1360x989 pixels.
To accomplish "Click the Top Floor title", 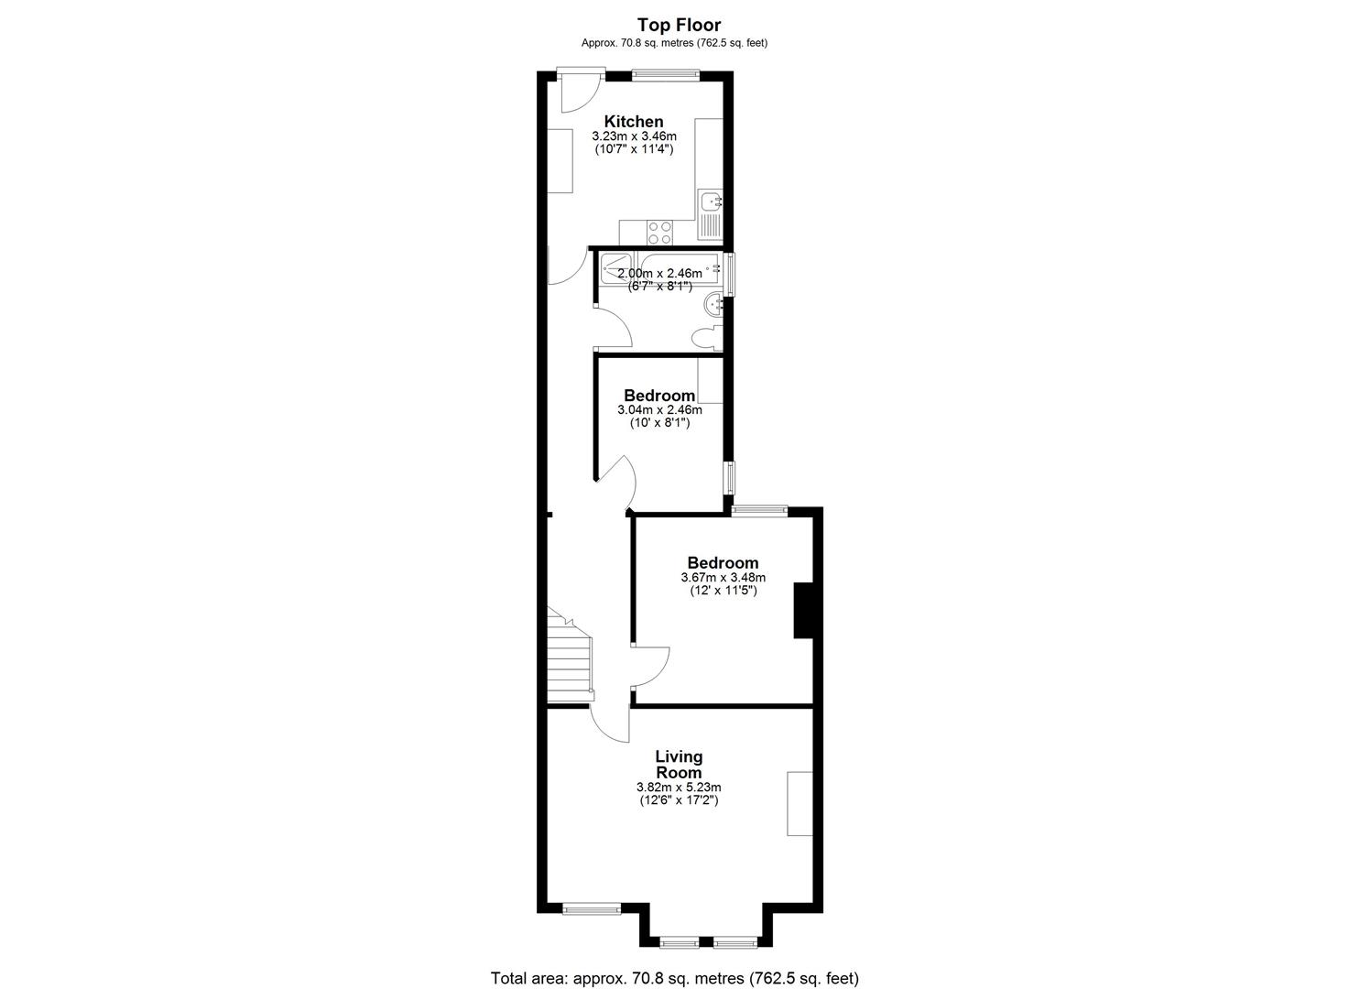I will pos(679,26).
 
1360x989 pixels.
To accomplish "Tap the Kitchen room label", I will pos(633,122).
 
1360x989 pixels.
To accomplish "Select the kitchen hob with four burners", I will pos(659,233).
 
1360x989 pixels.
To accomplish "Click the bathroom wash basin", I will pos(713,304).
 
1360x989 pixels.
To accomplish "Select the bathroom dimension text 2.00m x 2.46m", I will pos(659,274).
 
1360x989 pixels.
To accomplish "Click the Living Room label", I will pos(679,765).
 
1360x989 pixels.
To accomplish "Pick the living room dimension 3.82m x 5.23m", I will pos(679,787).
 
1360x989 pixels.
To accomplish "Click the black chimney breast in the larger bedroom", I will pos(803,610).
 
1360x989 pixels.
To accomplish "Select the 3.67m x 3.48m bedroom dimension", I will pos(723,578).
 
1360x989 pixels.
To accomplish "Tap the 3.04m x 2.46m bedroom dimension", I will pos(659,410).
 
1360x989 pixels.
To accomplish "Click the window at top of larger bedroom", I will pos(759,511).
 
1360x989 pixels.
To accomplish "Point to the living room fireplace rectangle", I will pos(800,803).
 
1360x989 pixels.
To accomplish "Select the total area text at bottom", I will pos(675,978).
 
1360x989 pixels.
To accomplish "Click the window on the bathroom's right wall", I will pos(729,275).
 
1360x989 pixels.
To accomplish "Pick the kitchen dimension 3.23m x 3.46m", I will pos(633,136).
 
